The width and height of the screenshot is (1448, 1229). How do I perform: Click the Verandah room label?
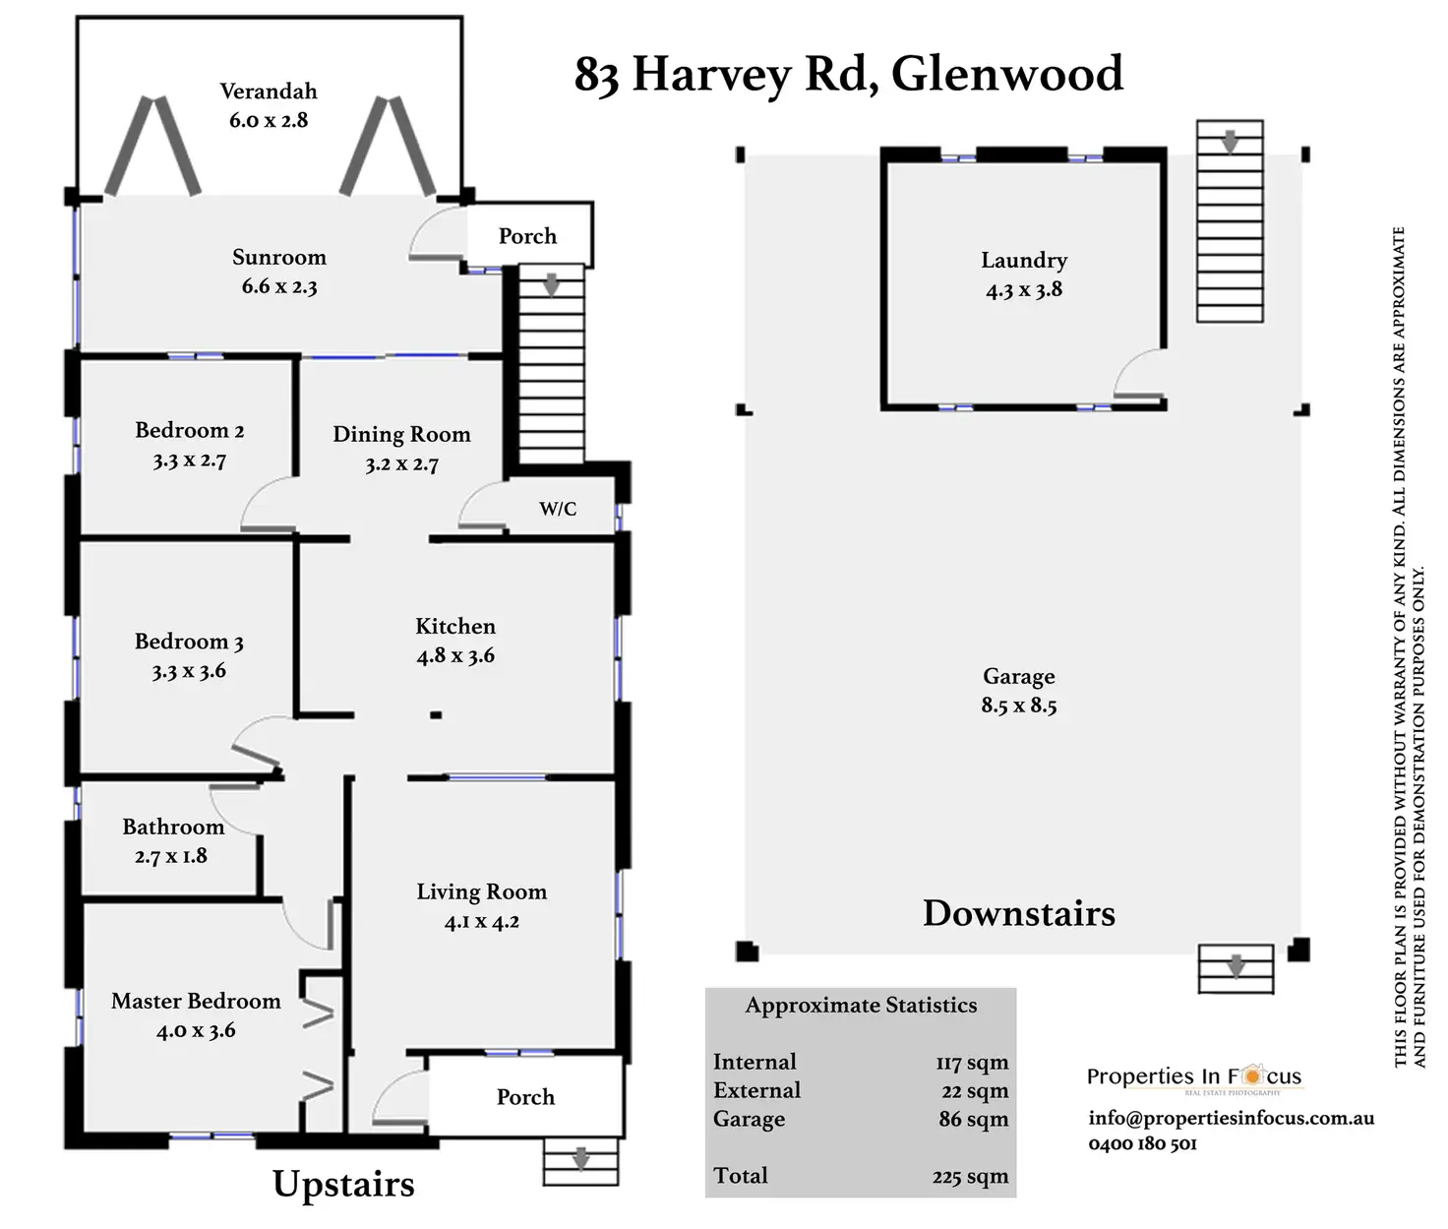tap(269, 92)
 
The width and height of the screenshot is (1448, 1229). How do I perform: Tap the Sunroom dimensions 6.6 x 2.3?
tap(279, 287)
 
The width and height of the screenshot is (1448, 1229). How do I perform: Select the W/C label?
tap(558, 509)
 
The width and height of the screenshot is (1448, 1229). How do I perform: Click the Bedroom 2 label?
tap(189, 430)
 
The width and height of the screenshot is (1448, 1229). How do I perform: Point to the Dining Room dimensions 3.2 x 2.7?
tap(401, 464)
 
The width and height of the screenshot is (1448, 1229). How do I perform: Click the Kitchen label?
tap(455, 626)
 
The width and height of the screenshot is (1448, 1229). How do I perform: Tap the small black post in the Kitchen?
tap(436, 715)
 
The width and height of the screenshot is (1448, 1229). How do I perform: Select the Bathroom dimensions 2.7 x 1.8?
tap(171, 856)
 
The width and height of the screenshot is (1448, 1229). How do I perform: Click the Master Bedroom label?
tap(196, 1001)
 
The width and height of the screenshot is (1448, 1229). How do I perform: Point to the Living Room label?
tap(481, 891)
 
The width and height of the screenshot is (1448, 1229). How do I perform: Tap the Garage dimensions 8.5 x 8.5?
tap(1019, 706)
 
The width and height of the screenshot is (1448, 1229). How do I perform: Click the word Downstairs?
tap(1019, 913)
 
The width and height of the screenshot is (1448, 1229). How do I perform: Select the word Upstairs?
tap(343, 1184)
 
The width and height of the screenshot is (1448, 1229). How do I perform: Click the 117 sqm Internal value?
tap(972, 1063)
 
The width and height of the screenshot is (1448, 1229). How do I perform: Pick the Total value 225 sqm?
tap(970, 1177)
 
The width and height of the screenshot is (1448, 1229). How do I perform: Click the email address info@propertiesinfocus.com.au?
tap(1231, 1118)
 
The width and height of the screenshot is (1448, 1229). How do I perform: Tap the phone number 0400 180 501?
tap(1142, 1143)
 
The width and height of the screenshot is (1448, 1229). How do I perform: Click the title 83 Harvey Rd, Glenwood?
tap(848, 74)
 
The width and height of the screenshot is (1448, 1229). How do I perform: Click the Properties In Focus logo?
tap(1194, 1076)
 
